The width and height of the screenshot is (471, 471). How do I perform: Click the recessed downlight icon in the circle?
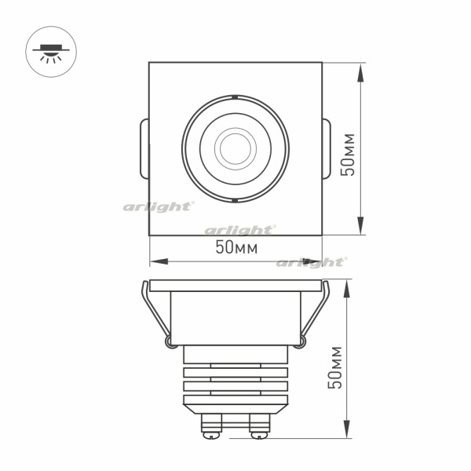click(51, 53)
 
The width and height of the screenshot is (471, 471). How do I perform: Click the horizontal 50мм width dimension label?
click(236, 247)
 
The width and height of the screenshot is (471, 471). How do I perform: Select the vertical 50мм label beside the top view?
click(348, 155)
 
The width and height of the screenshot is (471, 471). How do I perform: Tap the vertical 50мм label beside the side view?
click(335, 367)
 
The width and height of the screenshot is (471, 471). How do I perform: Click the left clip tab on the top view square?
click(144, 149)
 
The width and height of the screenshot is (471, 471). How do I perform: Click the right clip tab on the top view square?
click(327, 149)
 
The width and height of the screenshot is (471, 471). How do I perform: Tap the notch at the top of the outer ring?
click(235, 97)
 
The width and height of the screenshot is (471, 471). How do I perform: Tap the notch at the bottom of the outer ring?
click(235, 200)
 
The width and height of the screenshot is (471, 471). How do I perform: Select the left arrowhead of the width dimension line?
click(159, 261)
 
